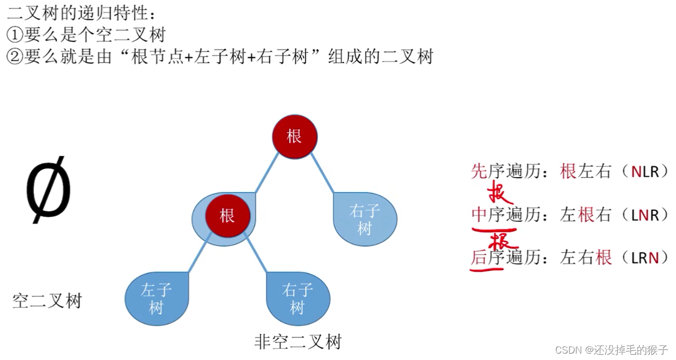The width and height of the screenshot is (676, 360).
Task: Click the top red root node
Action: coord(295,136)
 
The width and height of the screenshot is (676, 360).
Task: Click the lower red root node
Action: coord(227,216)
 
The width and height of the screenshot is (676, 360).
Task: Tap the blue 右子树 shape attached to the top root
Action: coord(365,219)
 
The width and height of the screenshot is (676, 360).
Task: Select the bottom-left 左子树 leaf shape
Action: coord(156,298)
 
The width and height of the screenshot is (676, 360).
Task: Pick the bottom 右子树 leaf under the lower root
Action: coord(297,298)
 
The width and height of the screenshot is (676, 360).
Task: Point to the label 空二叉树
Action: coord(47,301)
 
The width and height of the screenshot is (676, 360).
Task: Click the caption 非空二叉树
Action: coord(297,341)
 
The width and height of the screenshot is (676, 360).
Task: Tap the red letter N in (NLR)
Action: coord(636,171)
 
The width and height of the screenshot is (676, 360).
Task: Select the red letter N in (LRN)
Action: coord(653,258)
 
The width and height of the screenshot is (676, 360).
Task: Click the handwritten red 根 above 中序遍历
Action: coord(500,194)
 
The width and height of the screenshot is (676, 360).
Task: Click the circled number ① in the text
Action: coord(14,35)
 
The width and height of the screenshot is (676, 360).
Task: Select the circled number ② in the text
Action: coord(14,56)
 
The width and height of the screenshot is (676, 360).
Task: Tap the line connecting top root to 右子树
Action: coord(322,173)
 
